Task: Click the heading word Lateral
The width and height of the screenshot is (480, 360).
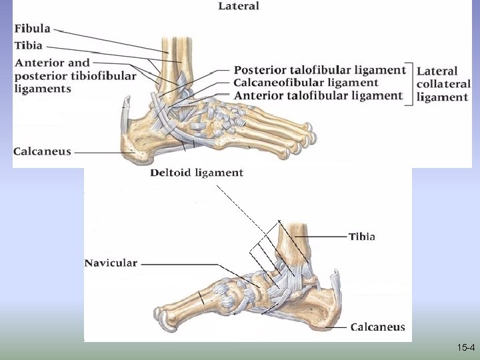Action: click(238, 7)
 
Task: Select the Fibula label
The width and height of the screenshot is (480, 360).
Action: click(32, 29)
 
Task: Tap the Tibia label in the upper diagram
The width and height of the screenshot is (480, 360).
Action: click(28, 45)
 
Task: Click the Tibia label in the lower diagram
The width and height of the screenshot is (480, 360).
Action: click(361, 236)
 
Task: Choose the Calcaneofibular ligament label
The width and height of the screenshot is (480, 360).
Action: click(306, 83)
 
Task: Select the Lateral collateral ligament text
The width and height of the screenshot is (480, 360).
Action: click(443, 83)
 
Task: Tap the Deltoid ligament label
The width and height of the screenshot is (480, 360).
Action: click(197, 173)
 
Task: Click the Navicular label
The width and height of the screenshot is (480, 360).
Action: click(111, 263)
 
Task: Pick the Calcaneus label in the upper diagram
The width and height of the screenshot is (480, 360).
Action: click(42, 151)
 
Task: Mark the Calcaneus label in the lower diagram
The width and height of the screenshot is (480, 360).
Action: click(377, 327)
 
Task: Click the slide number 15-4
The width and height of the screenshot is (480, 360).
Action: click(466, 348)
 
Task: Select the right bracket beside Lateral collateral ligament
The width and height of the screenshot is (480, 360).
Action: click(411, 83)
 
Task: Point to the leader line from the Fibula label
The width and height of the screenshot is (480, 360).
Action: click(113, 41)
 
